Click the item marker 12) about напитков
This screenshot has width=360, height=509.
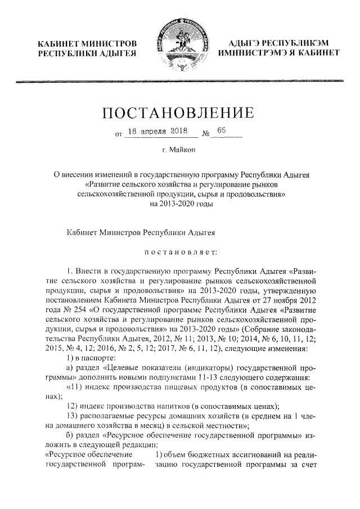72,407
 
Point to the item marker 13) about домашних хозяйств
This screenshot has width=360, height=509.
72,417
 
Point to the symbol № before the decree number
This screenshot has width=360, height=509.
205,134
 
